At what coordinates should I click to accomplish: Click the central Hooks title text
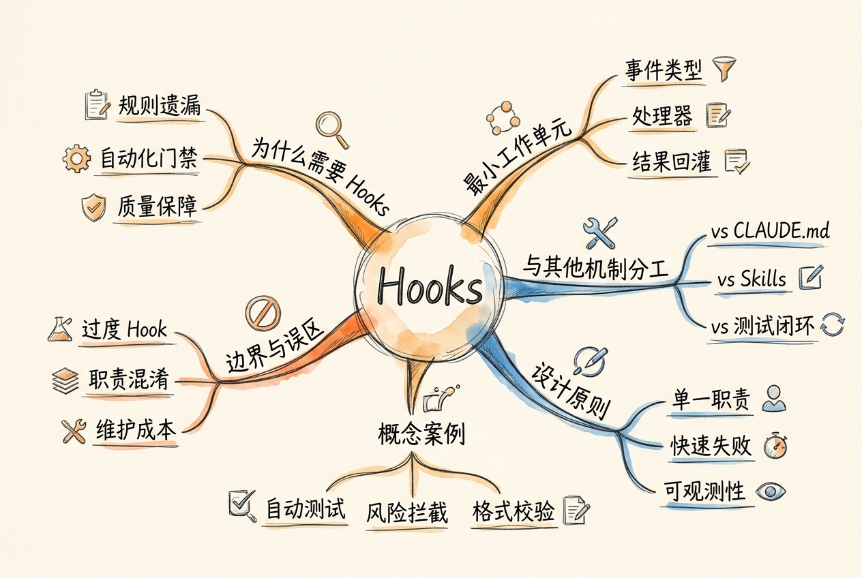pos(430,287)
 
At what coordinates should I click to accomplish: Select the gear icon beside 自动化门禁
pos(76,158)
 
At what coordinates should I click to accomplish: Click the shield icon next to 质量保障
pos(93,208)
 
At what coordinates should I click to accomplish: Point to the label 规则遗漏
pos(160,105)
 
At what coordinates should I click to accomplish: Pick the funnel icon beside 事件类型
pos(724,69)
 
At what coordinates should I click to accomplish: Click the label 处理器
pos(662,115)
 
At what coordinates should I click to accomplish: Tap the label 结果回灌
pos(672,162)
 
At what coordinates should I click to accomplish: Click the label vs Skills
pos(752,279)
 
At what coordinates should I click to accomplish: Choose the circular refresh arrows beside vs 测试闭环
pos(833,324)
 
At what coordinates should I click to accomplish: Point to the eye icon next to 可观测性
pos(771,491)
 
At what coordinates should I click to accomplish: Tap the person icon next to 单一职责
pos(774,399)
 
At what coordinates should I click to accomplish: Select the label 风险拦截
pos(406,513)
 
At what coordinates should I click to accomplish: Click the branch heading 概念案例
pos(421,433)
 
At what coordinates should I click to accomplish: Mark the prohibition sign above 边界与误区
pos(263,313)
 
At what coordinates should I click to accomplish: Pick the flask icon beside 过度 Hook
pos(60,329)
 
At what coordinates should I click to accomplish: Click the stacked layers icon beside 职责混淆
pos(65,381)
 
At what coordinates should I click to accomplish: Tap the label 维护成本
pos(136,429)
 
